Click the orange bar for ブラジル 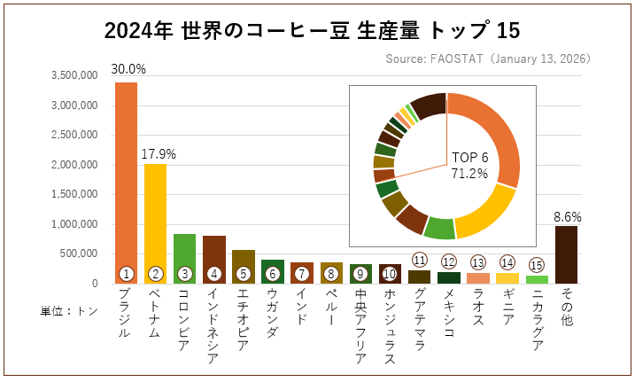126,177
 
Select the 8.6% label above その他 568,215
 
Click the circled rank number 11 419,260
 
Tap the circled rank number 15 536,264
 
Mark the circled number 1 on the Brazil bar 126,274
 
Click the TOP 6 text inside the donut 469,157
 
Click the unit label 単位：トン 68,311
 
